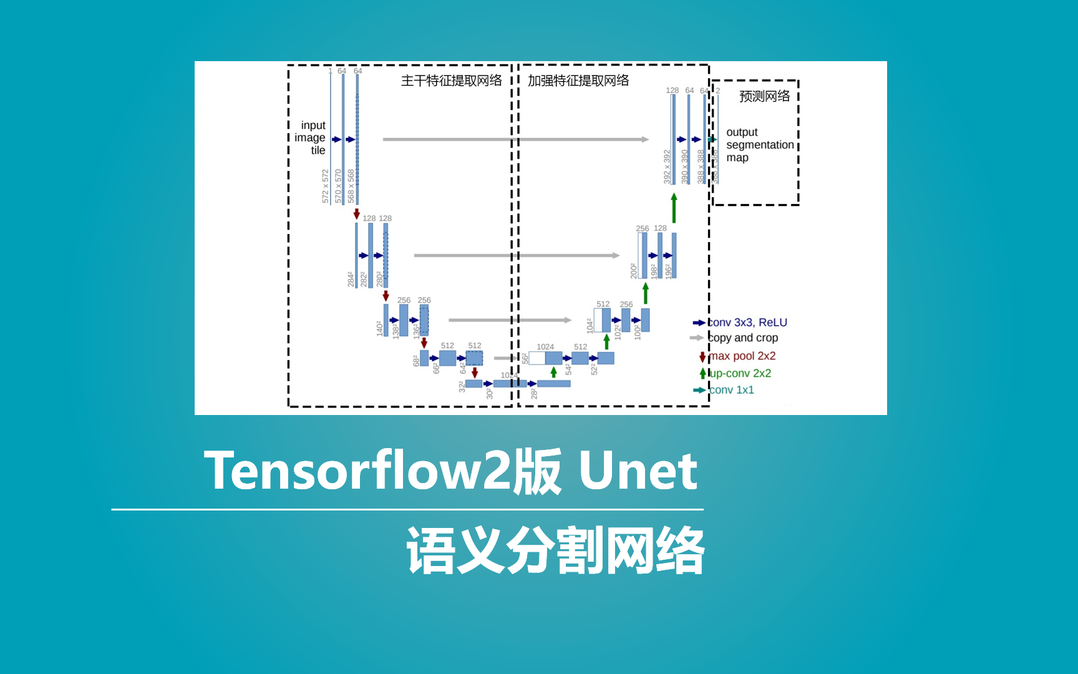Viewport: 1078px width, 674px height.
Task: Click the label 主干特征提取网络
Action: point(451,81)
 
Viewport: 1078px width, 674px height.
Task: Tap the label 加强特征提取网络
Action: point(578,81)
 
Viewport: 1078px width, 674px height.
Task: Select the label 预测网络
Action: point(764,96)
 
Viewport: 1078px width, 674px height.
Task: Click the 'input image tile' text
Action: point(311,137)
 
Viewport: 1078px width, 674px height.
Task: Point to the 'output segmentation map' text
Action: point(759,145)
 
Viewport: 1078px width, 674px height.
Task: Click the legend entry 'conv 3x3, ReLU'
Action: point(747,323)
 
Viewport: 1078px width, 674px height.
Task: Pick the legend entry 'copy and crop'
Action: point(743,338)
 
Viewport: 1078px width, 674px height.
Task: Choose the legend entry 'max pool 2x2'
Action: point(742,356)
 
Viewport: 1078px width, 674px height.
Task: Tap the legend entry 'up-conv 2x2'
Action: point(741,373)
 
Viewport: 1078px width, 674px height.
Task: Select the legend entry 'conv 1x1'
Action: point(732,390)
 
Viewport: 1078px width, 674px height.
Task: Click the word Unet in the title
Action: point(638,471)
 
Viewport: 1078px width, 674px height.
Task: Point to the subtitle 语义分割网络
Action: point(555,550)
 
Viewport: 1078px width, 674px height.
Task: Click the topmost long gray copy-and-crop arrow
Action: point(515,139)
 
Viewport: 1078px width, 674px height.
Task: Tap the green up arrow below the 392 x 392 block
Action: point(674,208)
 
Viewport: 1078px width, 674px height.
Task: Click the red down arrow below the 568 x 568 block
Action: point(357,213)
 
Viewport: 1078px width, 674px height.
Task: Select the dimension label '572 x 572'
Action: point(325,186)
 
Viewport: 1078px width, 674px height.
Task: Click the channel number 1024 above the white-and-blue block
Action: point(545,347)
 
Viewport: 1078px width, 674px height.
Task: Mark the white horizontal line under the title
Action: point(407,510)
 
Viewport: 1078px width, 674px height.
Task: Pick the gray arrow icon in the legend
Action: point(696,338)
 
